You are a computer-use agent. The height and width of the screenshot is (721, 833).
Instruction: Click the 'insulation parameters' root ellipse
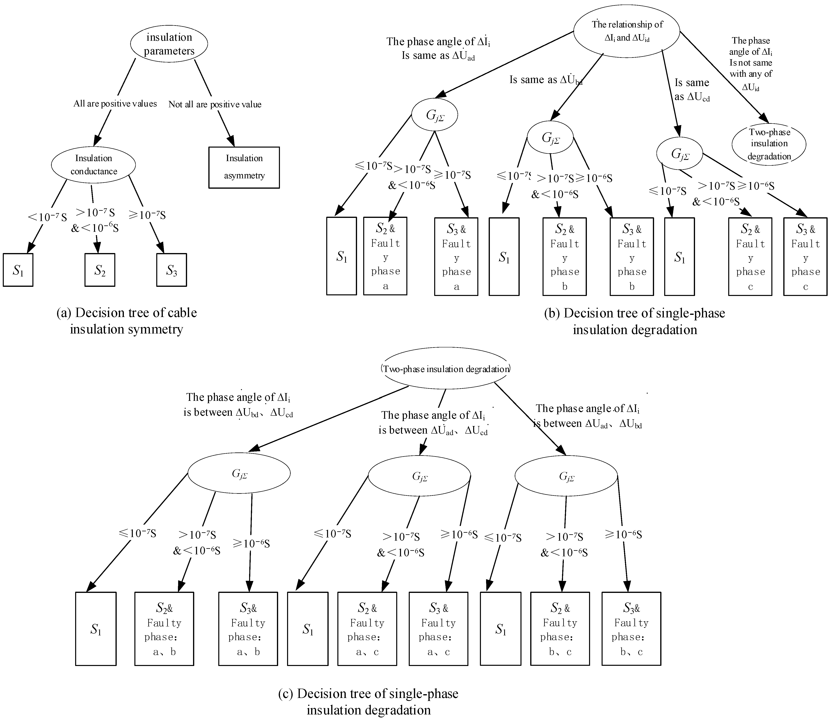point(169,44)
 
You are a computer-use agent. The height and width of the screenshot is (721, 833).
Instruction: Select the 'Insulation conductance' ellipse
point(93,164)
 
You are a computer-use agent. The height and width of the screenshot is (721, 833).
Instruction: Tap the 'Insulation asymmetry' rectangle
point(244,167)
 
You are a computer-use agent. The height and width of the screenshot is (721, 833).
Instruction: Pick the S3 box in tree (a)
point(172,270)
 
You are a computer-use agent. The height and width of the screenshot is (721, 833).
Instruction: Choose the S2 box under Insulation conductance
point(100,270)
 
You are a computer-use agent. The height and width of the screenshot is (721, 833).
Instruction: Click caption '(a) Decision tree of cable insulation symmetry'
point(127,321)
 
